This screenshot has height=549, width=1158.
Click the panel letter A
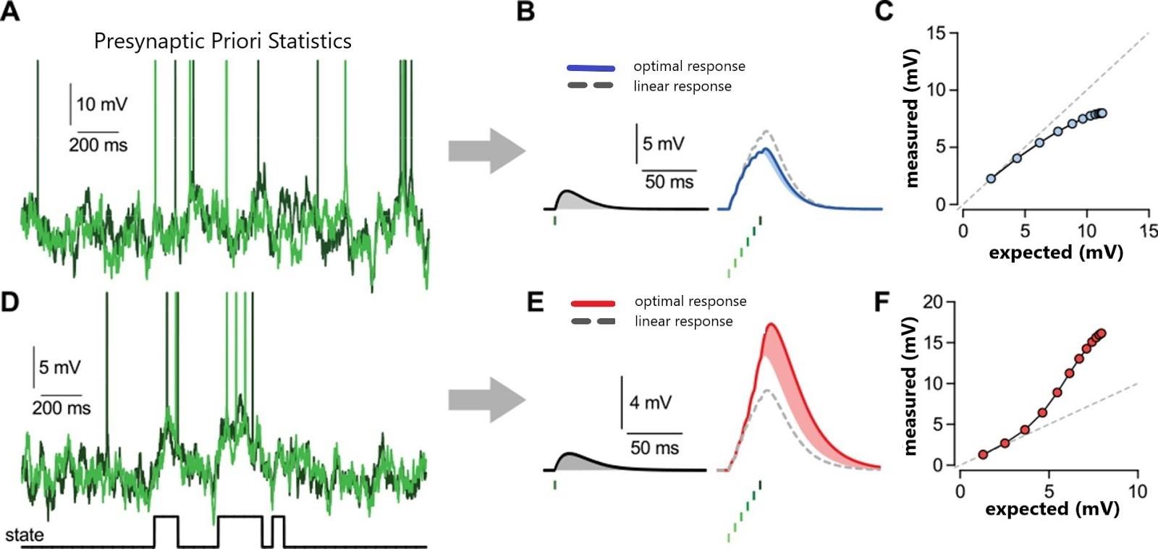[x=10, y=12]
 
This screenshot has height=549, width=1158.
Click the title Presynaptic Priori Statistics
[x=223, y=41]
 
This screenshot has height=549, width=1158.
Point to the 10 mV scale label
[x=102, y=104]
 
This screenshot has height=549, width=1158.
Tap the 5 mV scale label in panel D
[x=59, y=367]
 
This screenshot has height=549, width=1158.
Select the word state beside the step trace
[x=25, y=535]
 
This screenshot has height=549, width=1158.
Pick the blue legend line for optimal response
[x=591, y=68]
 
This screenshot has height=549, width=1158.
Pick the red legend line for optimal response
[x=593, y=303]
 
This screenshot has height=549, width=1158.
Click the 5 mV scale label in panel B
[x=663, y=143]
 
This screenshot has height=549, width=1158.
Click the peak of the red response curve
[x=772, y=324]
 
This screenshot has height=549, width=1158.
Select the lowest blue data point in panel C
[x=991, y=179]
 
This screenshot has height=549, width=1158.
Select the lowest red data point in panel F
[x=983, y=454]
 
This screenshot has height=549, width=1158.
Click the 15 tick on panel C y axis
[x=937, y=33]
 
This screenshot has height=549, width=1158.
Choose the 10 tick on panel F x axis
[x=1138, y=491]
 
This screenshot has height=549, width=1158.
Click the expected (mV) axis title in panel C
[x=1056, y=252]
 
